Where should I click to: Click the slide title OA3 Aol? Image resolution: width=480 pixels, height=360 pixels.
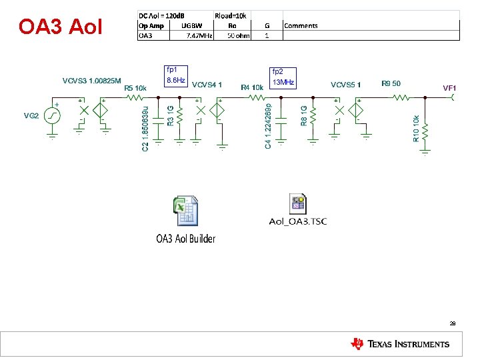point(61,27)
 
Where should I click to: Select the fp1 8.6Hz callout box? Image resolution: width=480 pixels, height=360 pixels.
point(175,75)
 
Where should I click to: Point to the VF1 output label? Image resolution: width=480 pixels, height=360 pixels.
point(449,87)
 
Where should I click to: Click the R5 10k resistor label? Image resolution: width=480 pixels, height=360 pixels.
point(135,87)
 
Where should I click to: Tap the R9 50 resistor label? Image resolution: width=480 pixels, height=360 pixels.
point(391,83)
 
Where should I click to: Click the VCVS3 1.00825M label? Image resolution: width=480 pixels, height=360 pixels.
point(92,81)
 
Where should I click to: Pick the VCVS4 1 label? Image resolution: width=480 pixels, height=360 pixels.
point(207,85)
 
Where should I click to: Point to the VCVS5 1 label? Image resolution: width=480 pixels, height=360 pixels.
point(345,85)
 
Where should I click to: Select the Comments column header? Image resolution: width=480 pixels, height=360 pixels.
point(301,25)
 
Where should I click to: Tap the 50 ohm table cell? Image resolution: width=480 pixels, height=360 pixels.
point(238,35)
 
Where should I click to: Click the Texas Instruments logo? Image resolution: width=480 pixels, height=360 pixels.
point(400,344)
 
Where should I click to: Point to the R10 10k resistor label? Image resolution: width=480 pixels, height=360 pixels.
point(416,129)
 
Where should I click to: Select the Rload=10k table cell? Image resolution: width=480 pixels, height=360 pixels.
point(231,15)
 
